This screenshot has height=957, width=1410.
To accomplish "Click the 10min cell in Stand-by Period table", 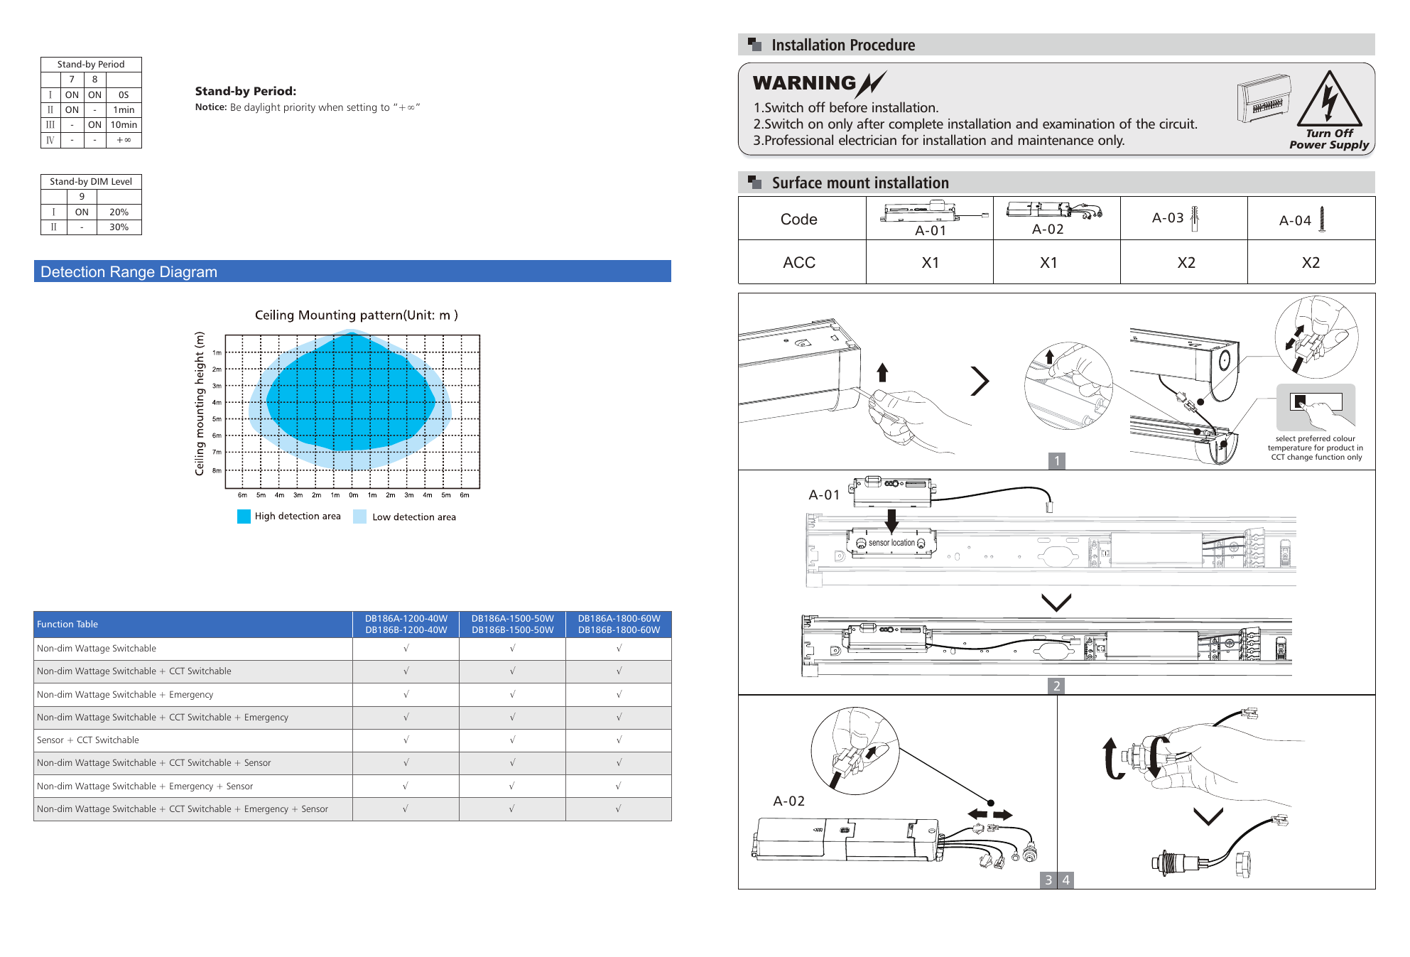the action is click(124, 125).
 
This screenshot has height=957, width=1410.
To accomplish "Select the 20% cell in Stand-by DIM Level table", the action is click(119, 212).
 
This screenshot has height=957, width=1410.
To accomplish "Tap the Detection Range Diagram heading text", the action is click(129, 272).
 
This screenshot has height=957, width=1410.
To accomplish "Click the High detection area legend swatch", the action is click(244, 517).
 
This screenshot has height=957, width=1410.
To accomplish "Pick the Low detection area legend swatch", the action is click(359, 517).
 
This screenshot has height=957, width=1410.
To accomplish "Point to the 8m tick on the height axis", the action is click(217, 470).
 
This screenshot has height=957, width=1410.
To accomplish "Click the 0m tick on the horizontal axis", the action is click(353, 495).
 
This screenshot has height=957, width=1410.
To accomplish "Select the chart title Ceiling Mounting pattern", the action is click(356, 315).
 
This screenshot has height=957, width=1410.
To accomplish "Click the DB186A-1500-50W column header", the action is click(513, 625).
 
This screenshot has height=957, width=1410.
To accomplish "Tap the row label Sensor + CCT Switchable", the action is click(88, 740).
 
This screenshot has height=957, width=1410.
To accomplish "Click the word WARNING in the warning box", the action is click(805, 84).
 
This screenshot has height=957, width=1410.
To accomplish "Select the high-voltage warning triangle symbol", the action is click(1329, 99).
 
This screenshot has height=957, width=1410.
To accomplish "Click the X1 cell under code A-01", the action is click(930, 263).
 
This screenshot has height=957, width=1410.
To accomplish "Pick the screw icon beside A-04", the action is click(1322, 220).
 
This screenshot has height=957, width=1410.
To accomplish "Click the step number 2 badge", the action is click(1057, 686).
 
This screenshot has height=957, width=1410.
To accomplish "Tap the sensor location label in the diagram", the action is click(891, 543).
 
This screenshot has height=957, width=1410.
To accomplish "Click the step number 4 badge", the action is click(1065, 880).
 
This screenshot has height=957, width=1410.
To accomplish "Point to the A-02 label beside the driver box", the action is click(788, 801).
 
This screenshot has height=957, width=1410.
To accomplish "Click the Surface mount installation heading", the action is click(860, 183).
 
